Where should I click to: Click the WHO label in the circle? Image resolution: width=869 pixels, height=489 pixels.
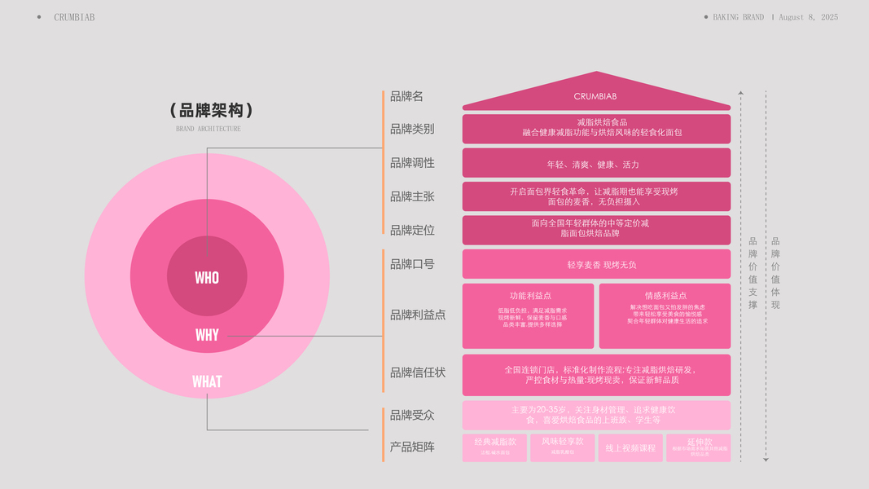pyautogui.click(x=207, y=278)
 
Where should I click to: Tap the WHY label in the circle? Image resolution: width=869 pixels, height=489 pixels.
pyautogui.click(x=207, y=335)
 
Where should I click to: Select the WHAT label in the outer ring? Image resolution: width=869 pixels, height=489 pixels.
pyautogui.click(x=207, y=381)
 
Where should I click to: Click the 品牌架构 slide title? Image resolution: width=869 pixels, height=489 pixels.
pyautogui.click(x=212, y=110)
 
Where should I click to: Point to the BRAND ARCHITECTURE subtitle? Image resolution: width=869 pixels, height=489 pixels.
pyautogui.click(x=208, y=129)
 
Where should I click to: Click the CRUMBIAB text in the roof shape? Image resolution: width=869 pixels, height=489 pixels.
pyautogui.click(x=595, y=96)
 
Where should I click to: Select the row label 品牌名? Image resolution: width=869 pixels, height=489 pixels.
pyautogui.click(x=406, y=96)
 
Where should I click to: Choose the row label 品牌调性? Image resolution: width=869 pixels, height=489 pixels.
pyautogui.click(x=412, y=163)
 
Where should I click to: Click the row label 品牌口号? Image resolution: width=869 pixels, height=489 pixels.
pyautogui.click(x=412, y=264)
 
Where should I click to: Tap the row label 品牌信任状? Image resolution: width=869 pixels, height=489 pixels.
pyautogui.click(x=418, y=372)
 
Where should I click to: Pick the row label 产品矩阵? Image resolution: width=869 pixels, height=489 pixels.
pyautogui.click(x=412, y=447)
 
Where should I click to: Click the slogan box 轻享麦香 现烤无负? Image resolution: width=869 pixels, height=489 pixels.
pyautogui.click(x=596, y=265)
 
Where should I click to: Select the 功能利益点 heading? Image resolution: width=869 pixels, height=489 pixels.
pyautogui.click(x=529, y=296)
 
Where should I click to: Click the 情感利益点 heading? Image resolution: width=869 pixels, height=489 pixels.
pyautogui.click(x=665, y=296)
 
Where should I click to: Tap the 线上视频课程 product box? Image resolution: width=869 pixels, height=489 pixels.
pyautogui.click(x=630, y=448)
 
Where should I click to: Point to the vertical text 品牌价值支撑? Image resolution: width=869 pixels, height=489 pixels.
pyautogui.click(x=753, y=273)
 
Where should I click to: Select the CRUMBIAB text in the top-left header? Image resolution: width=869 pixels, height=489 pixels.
pyautogui.click(x=74, y=17)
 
